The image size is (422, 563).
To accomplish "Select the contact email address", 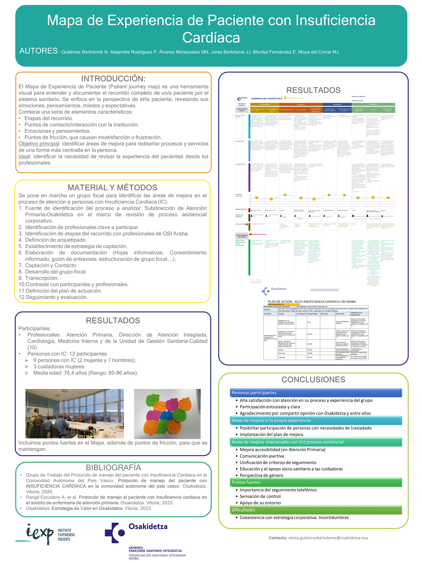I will (328, 538).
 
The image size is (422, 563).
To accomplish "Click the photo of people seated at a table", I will (75, 414).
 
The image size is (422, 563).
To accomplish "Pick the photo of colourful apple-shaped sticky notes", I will (167, 414).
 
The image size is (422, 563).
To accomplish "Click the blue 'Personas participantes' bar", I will (316, 393).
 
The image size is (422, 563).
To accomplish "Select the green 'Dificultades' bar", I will (316, 510).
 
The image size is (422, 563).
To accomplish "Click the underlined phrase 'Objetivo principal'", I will (39, 144).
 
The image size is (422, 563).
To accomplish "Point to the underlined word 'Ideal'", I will (24, 156).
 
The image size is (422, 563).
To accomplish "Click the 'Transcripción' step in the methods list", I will (42, 278).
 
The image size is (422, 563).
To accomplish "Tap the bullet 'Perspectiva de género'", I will (261, 475).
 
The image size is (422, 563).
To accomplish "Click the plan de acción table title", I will (312, 302).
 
